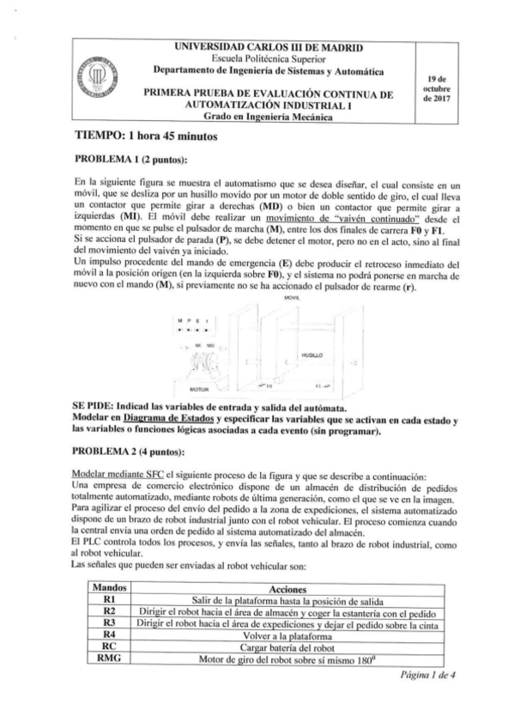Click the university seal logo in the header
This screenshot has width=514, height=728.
click(x=86, y=82)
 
